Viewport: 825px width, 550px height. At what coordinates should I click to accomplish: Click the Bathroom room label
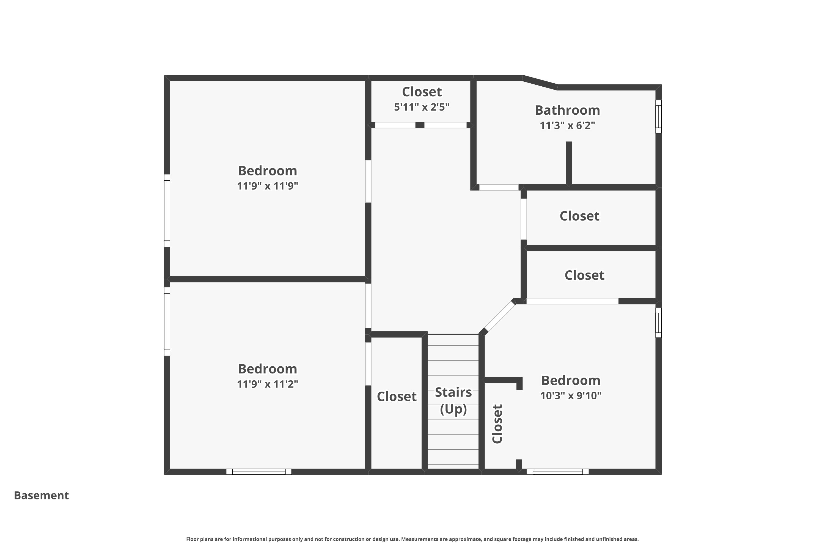567,110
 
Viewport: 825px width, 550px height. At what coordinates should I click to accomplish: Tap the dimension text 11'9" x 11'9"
267,186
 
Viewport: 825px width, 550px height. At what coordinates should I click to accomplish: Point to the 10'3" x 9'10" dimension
571,395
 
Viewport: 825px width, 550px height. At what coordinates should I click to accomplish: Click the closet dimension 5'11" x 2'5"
422,107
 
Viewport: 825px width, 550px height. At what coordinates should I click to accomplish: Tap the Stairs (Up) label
453,401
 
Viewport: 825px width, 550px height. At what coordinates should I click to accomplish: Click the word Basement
42,495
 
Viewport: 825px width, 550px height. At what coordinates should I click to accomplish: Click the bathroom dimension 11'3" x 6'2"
567,125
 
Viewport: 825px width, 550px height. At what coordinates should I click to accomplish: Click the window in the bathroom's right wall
659,116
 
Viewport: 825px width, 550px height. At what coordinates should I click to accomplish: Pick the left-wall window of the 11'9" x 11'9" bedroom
167,210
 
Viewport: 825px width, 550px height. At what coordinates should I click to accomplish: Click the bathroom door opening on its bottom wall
499,187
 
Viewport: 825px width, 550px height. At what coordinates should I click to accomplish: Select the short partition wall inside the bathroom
569,163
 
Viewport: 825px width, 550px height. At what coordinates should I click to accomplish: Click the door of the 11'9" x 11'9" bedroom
368,181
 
